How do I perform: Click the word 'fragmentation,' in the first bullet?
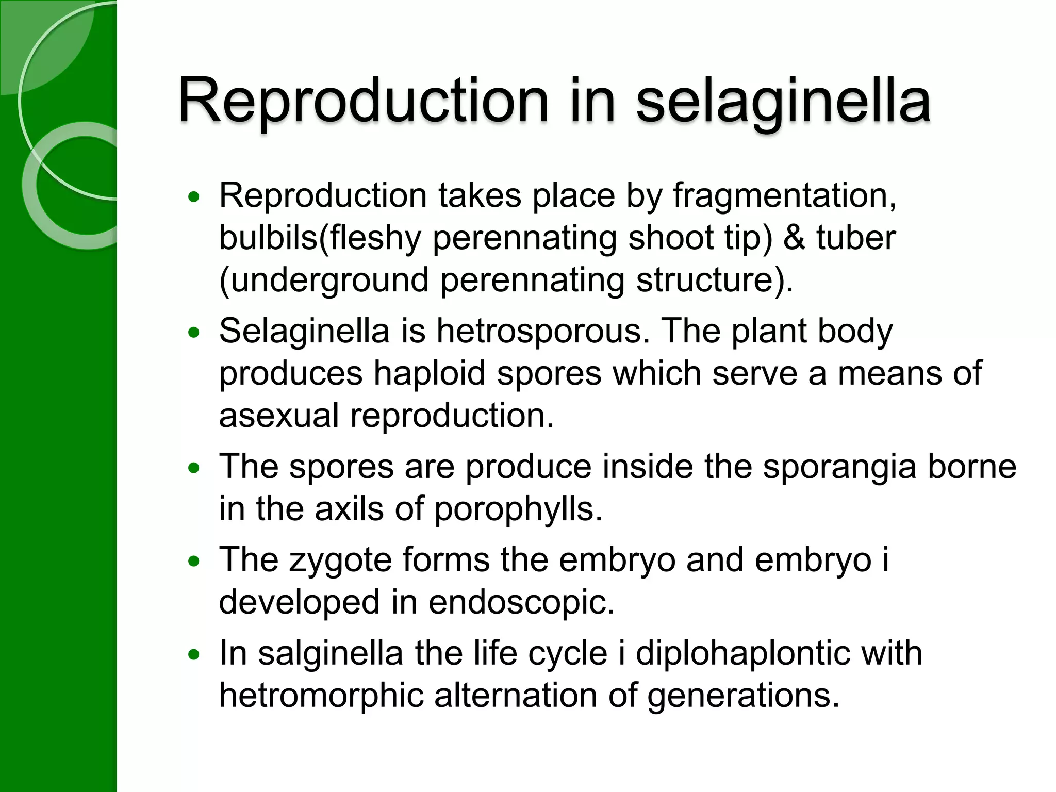[784, 196]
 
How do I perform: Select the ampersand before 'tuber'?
[794, 238]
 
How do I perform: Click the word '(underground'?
[323, 280]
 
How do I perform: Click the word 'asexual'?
[279, 416]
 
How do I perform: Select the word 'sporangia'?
[839, 467]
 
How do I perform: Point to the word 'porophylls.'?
[518, 509]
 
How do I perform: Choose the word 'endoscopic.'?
[521, 602]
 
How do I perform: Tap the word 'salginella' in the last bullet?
[331, 653]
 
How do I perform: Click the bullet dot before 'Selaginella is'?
[194, 333]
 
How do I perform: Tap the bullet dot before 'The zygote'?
[194, 562]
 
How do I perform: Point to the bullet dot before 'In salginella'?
[194, 655]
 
